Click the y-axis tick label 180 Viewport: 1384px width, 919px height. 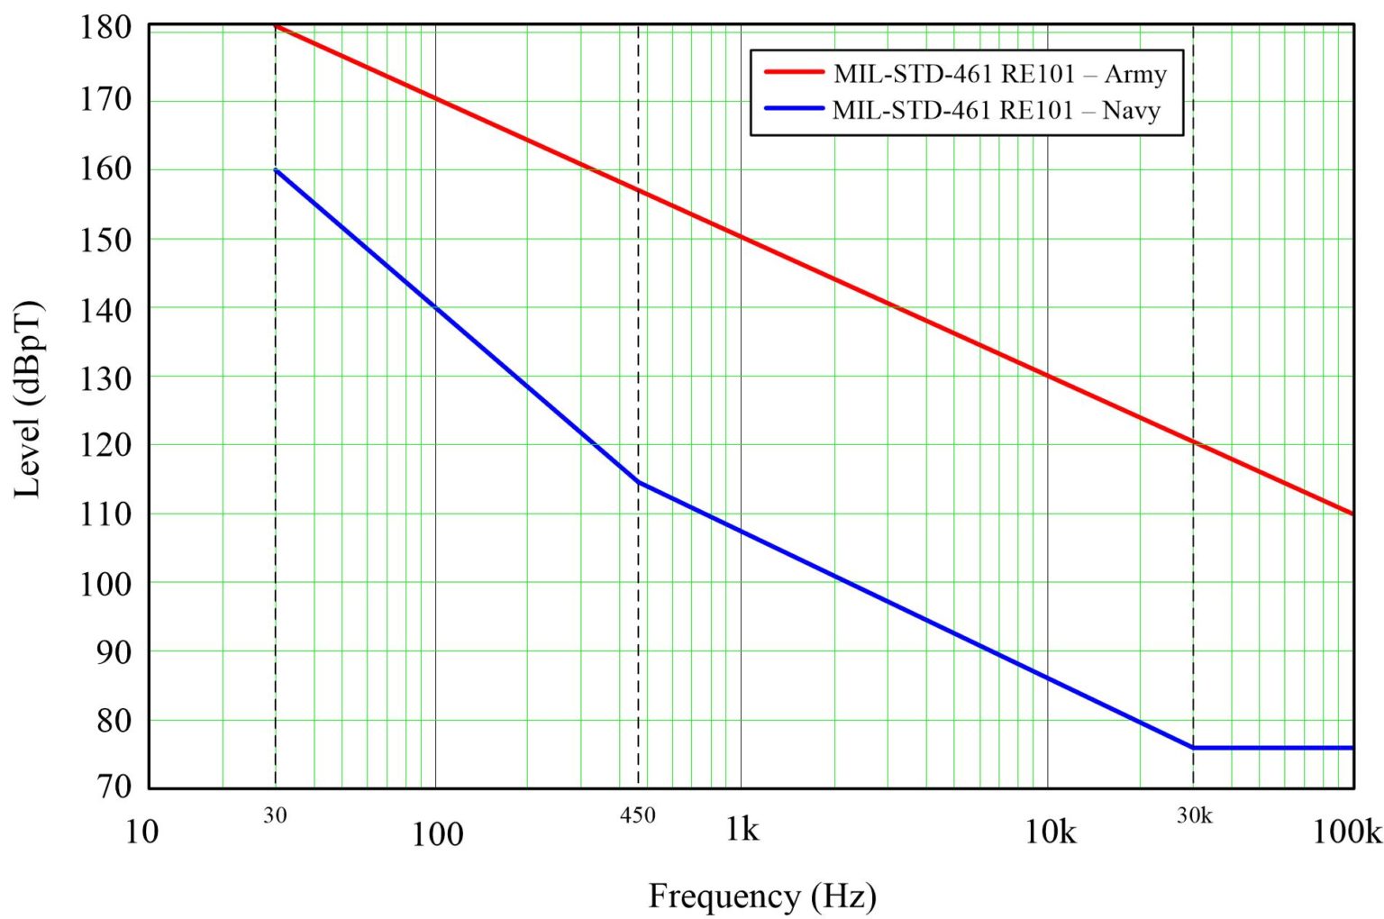click(x=105, y=28)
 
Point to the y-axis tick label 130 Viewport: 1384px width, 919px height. click(x=105, y=378)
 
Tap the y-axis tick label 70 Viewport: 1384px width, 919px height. click(x=114, y=787)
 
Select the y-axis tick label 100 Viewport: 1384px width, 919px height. click(x=105, y=584)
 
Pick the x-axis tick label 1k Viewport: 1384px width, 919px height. click(x=742, y=829)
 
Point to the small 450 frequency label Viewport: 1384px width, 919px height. click(x=637, y=815)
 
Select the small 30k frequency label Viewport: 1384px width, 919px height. click(x=1194, y=815)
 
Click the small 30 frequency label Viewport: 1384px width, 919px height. click(x=275, y=815)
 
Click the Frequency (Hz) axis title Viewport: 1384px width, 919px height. click(x=762, y=896)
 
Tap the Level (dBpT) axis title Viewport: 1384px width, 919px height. click(x=28, y=399)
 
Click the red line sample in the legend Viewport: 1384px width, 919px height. click(x=794, y=71)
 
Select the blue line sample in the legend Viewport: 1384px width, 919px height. click(x=794, y=109)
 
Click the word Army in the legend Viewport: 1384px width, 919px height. click(x=1135, y=74)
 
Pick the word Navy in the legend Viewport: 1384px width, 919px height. click(x=1131, y=111)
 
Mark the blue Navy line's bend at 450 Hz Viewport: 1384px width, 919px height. click(x=638, y=482)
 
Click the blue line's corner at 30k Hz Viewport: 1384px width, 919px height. click(x=1193, y=748)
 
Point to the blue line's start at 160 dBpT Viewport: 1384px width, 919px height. click(x=276, y=169)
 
